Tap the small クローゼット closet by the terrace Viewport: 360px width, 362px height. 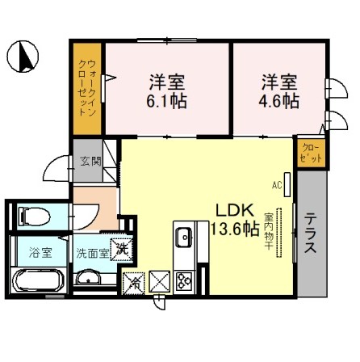(x=310, y=151)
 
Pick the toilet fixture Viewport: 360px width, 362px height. (x=32, y=215)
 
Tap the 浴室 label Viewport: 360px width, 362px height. (x=41, y=252)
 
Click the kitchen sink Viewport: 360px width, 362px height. (x=183, y=238)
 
